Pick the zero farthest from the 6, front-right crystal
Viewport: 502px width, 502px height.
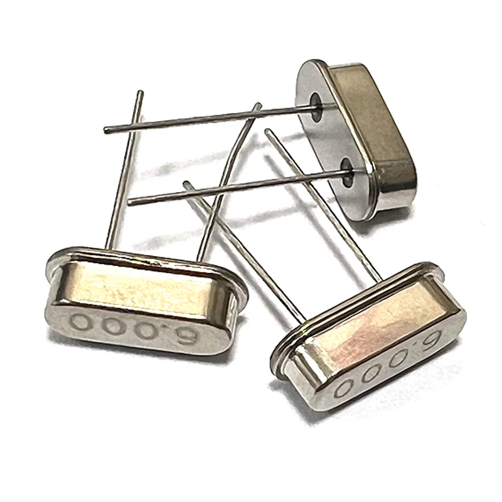344,386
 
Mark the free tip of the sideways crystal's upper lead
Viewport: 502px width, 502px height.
106,130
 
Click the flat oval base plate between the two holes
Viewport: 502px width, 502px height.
329,135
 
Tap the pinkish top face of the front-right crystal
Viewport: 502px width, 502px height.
376,326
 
